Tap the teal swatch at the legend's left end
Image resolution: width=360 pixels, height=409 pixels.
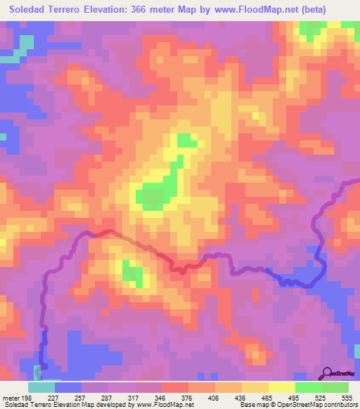pyautogui.click(x=41, y=388)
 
